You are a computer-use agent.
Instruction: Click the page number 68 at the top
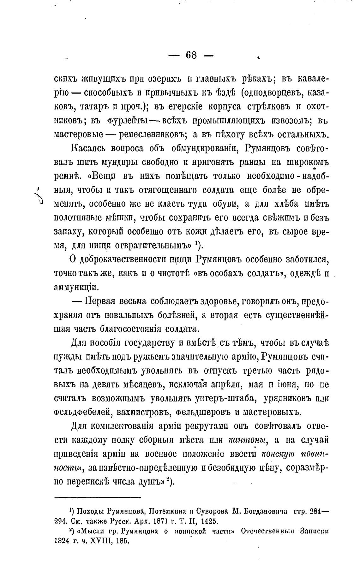(191, 56)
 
